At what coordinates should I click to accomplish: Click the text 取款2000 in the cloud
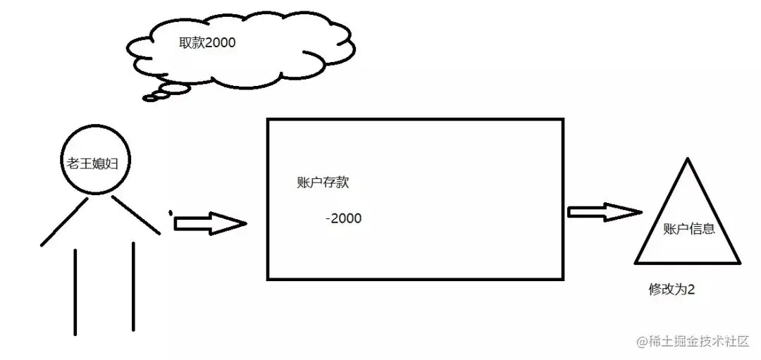click(x=206, y=42)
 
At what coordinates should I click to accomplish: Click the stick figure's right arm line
click(x=136, y=214)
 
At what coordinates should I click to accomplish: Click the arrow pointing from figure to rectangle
click(x=210, y=223)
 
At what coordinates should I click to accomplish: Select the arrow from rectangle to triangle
click(x=605, y=211)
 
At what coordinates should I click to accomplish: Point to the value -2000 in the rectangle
click(x=343, y=218)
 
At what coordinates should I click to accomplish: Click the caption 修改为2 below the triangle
click(x=672, y=290)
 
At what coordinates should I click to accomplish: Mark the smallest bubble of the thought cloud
click(x=150, y=98)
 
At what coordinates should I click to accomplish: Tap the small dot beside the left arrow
click(x=170, y=211)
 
